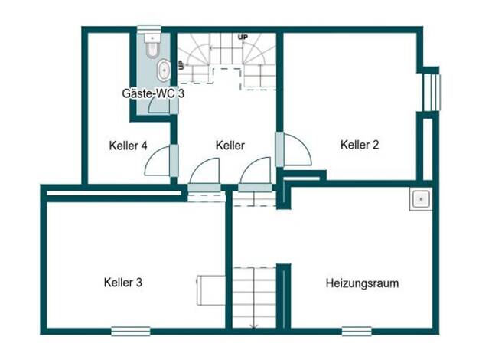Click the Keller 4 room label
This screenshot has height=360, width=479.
[128, 146]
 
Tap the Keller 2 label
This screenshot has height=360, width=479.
[360, 145]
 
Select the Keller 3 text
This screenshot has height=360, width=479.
[123, 283]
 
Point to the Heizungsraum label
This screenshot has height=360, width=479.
[362, 283]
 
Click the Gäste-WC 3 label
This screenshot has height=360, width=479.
[153, 93]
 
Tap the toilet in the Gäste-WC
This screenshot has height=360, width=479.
[152, 46]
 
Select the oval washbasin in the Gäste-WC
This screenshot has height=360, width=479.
[164, 70]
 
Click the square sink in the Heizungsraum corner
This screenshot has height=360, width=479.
[421, 199]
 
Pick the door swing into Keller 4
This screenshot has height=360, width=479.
[157, 161]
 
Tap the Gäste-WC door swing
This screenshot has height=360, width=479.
[158, 106]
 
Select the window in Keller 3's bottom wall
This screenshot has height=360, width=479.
[131, 331]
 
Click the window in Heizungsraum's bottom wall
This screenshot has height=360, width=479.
[357, 331]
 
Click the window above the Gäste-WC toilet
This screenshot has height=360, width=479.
[149, 29]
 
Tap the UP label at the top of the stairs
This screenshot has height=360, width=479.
[243, 37]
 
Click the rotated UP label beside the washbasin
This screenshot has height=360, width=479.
[181, 65]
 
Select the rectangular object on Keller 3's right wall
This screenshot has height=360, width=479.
[210, 290]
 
